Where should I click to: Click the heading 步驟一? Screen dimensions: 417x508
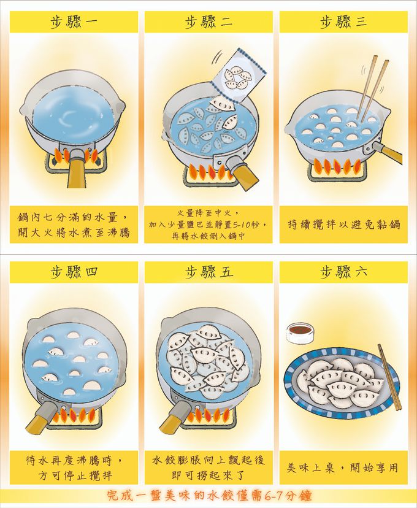(74, 22)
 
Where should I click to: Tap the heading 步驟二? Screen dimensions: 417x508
(209, 22)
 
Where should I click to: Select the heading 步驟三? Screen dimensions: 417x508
(343, 22)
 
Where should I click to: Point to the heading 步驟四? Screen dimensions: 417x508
(74, 272)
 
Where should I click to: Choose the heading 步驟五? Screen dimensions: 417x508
(209, 272)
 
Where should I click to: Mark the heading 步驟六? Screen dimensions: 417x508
(343, 272)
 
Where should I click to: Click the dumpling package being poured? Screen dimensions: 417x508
(239, 77)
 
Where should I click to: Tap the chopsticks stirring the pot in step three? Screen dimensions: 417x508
(373, 88)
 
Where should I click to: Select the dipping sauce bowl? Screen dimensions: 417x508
(300, 333)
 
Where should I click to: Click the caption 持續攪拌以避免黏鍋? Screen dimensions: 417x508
(344, 224)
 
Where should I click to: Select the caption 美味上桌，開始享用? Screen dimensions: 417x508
(343, 468)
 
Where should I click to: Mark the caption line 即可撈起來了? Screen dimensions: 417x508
(208, 475)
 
